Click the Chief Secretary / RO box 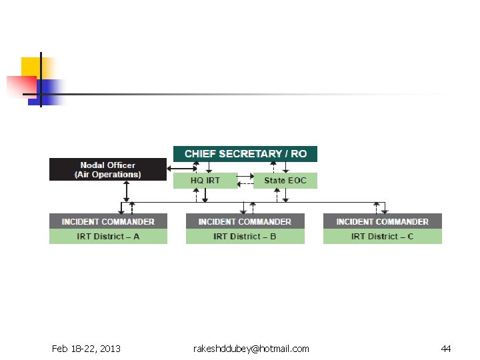tap(245, 154)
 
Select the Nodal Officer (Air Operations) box tap(107, 169)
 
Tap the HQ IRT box tap(205, 181)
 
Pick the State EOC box tap(285, 181)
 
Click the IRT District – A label tap(108, 237)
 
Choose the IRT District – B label tap(245, 237)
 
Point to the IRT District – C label tap(382, 237)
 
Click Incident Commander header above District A tap(108, 221)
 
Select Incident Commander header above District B tap(245, 221)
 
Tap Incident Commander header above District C tap(382, 221)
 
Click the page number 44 tap(445, 349)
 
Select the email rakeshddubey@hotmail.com tap(251, 349)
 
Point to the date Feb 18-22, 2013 tap(86, 349)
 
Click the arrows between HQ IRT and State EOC tap(245, 181)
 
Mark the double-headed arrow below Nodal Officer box tap(125, 191)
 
